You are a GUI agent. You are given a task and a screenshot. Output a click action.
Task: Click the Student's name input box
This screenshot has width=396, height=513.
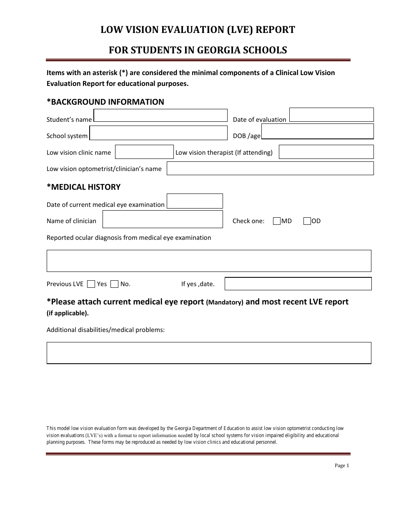point(160,116)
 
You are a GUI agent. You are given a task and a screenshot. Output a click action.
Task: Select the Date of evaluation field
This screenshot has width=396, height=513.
point(331,115)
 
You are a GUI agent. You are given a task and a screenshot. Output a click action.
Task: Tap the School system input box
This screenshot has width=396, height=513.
point(158,133)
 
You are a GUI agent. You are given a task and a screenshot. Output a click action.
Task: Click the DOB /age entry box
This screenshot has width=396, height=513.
point(317,131)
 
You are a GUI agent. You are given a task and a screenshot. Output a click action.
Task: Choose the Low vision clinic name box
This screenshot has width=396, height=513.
point(144,152)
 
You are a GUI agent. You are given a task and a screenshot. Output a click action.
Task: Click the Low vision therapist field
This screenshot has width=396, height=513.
point(326,152)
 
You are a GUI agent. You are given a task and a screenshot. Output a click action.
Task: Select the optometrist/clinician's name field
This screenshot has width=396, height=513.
point(270,168)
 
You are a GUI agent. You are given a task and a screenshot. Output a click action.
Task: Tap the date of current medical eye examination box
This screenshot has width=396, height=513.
point(195,201)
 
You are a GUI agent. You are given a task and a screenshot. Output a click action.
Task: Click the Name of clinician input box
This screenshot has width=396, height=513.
point(163,219)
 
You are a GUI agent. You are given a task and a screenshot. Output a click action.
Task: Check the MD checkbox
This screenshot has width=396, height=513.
point(277,221)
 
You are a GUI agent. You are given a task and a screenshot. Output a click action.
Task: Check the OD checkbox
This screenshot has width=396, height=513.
point(307,221)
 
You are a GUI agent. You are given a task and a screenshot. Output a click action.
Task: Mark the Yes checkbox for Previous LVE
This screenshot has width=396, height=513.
point(91,284)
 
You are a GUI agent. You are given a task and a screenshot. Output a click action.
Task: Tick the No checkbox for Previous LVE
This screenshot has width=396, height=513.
point(115,284)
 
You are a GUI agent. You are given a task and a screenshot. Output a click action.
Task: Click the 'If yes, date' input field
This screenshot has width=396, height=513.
point(298,284)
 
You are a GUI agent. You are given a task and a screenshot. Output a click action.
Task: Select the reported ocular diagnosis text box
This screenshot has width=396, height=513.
point(209,261)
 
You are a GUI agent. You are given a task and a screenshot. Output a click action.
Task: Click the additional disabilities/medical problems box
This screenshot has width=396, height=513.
point(209,353)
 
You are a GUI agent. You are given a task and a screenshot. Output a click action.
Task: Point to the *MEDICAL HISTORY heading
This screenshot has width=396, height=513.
point(83,187)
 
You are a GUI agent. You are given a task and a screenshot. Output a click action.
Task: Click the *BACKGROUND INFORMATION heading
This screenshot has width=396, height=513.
point(105,102)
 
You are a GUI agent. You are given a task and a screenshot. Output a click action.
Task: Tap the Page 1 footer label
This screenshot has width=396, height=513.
point(342,465)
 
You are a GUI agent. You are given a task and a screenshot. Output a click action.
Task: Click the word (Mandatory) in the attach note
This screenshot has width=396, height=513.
point(225,302)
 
